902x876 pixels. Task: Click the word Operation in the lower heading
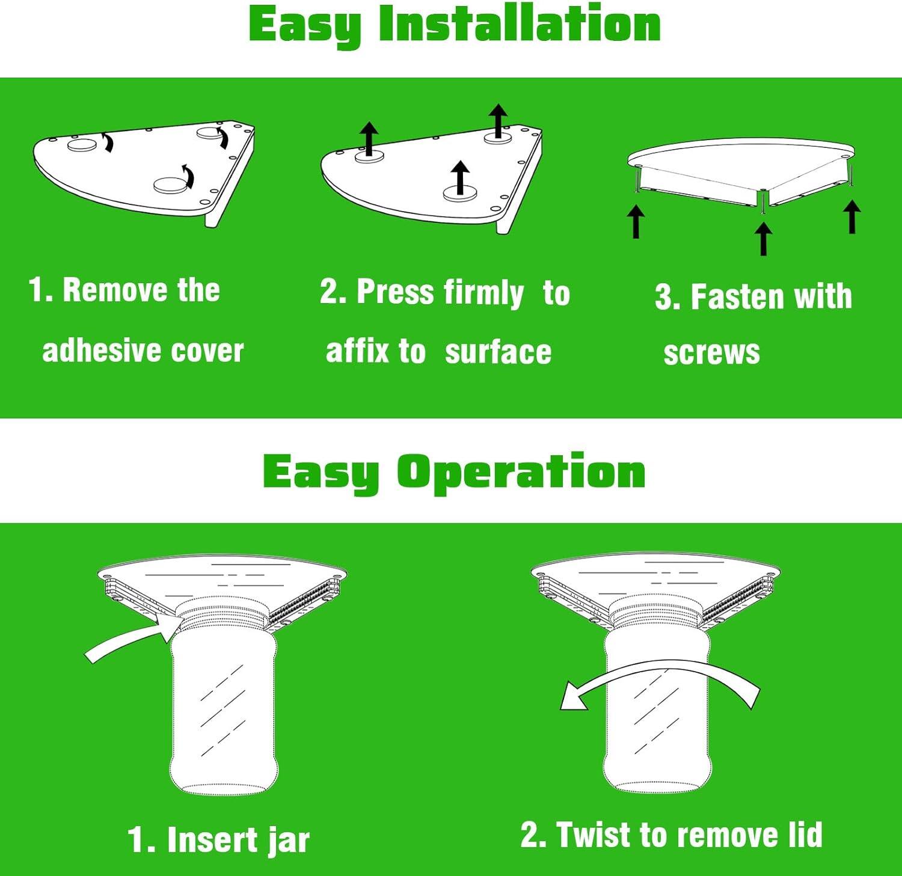coord(521,473)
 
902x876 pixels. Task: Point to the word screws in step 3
coord(711,353)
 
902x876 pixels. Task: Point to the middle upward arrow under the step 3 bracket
coord(763,238)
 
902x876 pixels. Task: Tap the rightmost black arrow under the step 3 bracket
coord(851,216)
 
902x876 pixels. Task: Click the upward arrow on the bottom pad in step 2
coord(460,178)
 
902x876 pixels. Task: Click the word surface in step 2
coord(498,352)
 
